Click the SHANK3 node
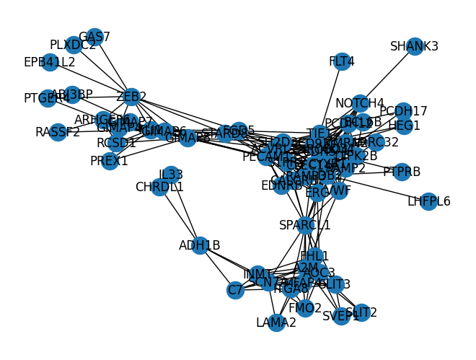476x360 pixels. click(x=414, y=47)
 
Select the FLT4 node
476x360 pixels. click(x=342, y=61)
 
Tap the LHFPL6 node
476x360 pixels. click(x=428, y=201)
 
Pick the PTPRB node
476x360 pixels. click(x=402, y=172)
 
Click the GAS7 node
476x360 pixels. click(x=94, y=37)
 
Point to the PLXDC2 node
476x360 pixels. click(x=73, y=45)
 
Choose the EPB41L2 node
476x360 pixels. click(x=50, y=62)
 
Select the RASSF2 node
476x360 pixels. click(x=58, y=132)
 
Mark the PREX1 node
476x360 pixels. click(x=110, y=161)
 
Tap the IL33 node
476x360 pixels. click(x=171, y=174)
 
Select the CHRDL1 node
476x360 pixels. click(x=159, y=187)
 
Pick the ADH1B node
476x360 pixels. click(x=200, y=245)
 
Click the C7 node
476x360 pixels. click(x=235, y=290)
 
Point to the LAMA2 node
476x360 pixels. click(x=276, y=322)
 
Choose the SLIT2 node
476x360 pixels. click(x=361, y=312)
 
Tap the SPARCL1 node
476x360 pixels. click(x=305, y=225)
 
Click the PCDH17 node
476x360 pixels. click(x=403, y=111)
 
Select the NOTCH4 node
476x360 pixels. click(x=360, y=103)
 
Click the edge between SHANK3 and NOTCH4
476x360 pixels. click(x=387, y=75)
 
